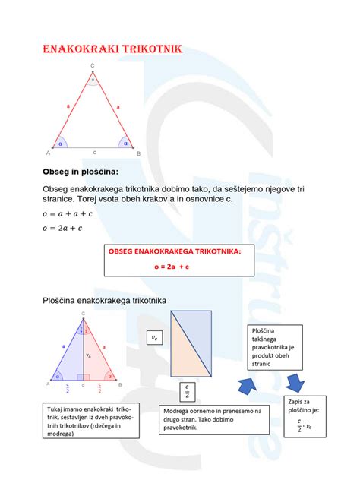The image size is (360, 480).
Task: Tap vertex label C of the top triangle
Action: pos(93,66)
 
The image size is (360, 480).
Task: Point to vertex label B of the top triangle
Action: pos(138,153)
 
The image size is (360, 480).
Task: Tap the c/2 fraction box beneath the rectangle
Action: pos(187,391)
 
